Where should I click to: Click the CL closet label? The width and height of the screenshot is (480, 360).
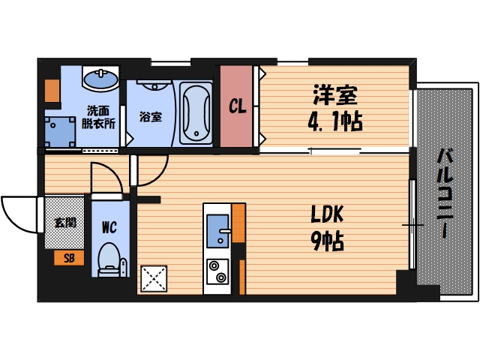pos(238,106)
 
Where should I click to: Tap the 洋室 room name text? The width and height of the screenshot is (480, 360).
pos(334,95)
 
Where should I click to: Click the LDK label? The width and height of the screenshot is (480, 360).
pos(327,215)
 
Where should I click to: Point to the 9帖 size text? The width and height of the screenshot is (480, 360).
pos(328,241)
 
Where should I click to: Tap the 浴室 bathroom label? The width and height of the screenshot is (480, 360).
pos(150,117)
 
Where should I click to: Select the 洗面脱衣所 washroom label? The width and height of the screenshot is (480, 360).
pos(100,118)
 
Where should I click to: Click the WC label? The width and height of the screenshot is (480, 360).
pos(108,225)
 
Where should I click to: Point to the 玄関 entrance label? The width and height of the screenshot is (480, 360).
pos(64,222)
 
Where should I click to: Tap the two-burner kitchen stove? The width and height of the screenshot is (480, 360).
pos(217,271)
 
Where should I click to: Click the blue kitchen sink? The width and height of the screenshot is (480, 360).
pos(217,229)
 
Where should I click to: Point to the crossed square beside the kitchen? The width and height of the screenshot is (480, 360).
pos(154,279)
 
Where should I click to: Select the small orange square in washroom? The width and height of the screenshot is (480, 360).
pos(52,89)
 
